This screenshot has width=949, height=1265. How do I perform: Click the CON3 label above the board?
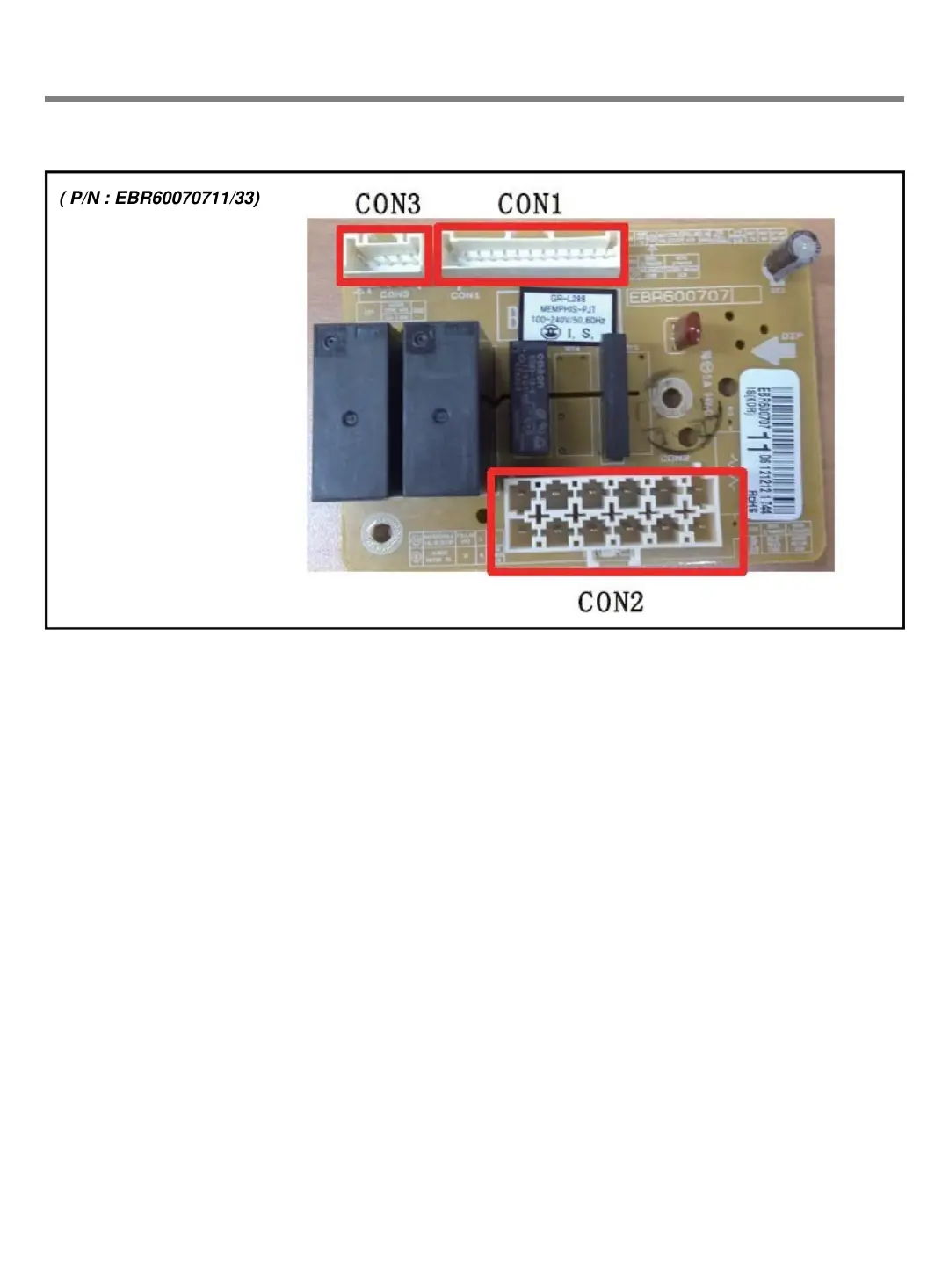point(388,205)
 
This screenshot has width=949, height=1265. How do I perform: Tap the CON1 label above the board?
point(530,205)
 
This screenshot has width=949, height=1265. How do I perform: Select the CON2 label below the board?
point(611,603)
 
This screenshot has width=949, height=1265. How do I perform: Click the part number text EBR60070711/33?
point(160,198)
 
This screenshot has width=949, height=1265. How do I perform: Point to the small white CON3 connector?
point(385,255)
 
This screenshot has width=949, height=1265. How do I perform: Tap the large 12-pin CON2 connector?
point(617,522)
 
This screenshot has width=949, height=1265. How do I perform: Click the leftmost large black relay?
point(350,410)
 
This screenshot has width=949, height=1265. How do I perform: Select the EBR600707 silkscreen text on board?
point(678,296)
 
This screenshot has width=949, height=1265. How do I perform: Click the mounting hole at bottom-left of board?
point(383,531)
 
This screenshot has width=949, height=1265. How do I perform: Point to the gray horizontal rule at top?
point(474,99)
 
